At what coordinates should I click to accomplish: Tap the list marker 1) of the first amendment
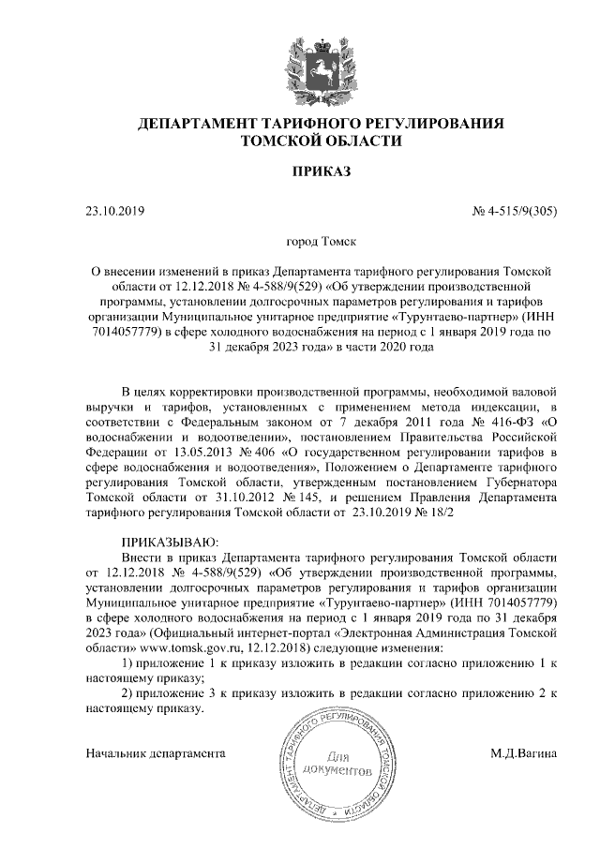[x=130, y=663]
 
